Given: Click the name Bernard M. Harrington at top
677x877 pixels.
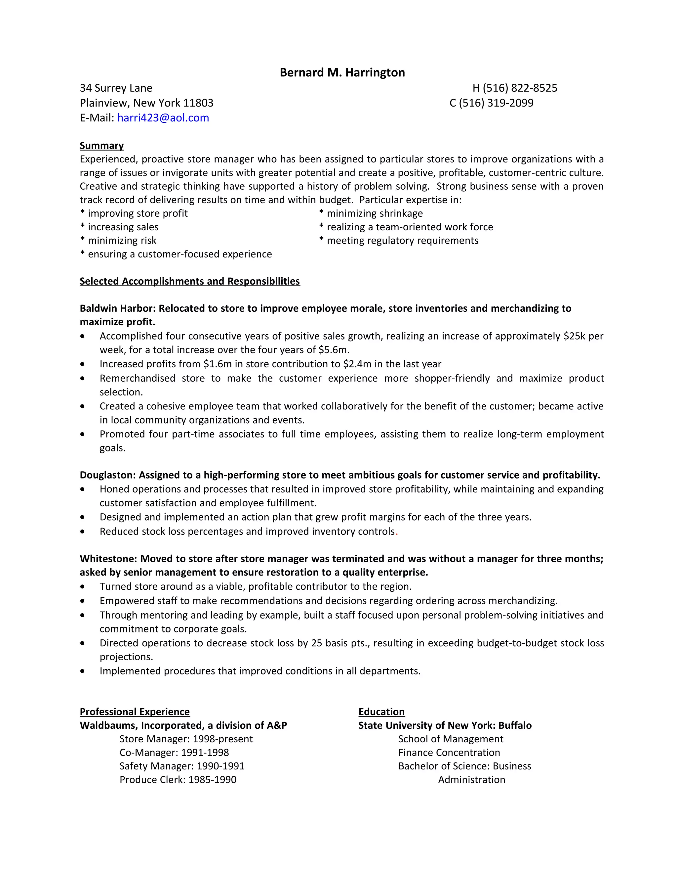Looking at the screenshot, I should coord(342,73).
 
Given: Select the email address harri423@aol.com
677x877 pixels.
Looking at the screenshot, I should coord(163,118).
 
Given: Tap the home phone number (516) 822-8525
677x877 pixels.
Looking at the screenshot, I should coord(520,88).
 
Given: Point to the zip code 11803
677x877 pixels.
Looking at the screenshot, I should coord(199,103).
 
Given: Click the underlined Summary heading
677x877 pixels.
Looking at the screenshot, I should coord(101,145).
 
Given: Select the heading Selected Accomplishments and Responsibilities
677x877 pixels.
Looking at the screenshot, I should coord(190,281).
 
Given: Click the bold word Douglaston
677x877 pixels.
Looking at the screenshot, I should coord(107,475).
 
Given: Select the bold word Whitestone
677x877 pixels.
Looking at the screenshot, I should coord(108,559).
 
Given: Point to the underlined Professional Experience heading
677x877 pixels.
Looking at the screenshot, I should coord(134,712).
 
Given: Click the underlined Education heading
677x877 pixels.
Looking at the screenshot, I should coord(381,712).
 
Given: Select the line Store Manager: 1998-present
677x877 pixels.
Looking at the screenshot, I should coord(186,739).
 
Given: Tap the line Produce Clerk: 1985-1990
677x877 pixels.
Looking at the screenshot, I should coord(178,779).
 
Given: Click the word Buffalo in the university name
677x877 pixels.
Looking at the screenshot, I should coord(515,725).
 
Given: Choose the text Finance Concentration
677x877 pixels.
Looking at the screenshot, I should coord(449,753).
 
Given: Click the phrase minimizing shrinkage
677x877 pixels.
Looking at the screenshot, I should coord(375,214).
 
